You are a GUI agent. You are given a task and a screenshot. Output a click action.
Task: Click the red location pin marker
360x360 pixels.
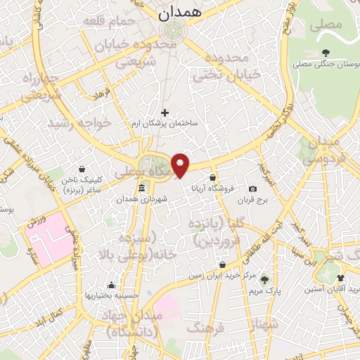(181, 165)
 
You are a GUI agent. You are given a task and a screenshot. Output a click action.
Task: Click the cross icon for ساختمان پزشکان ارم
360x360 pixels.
(165, 112)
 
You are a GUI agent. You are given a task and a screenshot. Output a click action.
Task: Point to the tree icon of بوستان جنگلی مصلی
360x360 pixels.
(326, 53)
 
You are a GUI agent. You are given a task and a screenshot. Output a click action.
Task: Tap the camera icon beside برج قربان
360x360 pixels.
(252, 188)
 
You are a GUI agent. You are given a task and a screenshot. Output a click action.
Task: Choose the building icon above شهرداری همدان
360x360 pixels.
(142, 188)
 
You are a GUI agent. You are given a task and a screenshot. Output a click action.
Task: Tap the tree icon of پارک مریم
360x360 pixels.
(264, 279)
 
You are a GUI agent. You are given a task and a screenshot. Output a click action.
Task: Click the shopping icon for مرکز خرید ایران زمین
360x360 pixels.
(222, 265)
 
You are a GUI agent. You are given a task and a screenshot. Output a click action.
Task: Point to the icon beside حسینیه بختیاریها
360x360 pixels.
(111, 285)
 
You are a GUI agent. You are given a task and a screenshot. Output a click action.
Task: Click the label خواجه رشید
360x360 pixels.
(78, 123)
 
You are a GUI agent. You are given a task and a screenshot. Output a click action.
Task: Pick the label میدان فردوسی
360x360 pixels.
(332, 149)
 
